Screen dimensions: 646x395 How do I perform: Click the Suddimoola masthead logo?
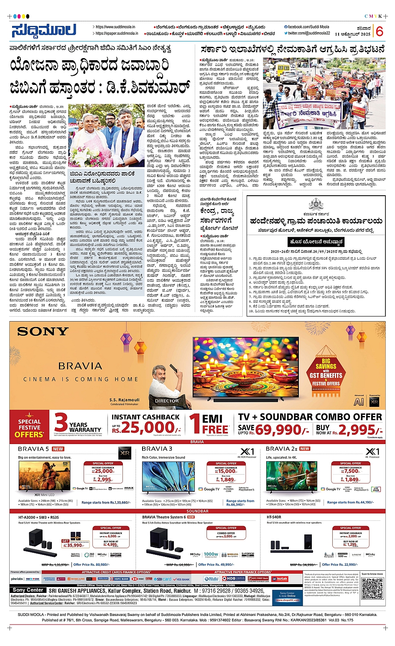(44, 31)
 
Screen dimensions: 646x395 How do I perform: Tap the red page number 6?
(380, 31)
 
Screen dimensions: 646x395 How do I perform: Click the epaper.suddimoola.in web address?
(115, 33)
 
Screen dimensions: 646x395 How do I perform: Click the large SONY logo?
(43, 332)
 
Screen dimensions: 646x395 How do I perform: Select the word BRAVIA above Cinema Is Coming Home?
(80, 366)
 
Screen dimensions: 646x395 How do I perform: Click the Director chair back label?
(167, 400)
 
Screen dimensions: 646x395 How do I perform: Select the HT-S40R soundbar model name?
(274, 517)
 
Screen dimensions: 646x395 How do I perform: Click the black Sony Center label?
(28, 590)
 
